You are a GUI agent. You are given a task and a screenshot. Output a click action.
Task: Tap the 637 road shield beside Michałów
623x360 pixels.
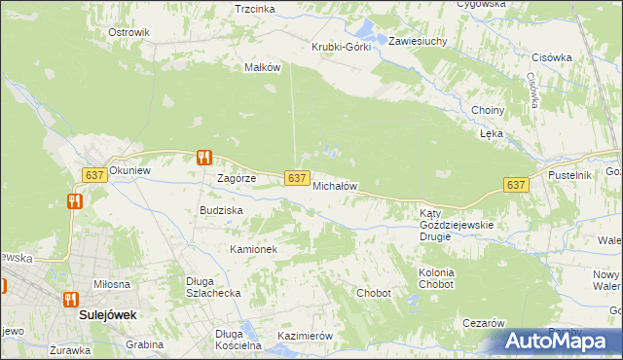click(298, 177)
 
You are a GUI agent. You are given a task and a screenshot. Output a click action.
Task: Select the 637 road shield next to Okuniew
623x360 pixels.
click(93, 174)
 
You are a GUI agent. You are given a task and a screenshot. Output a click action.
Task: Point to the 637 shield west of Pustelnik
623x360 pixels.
click(516, 185)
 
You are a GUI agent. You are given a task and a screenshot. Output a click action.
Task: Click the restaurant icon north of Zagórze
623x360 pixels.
click(203, 157)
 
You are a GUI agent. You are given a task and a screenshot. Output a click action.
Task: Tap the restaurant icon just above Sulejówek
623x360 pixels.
click(70, 299)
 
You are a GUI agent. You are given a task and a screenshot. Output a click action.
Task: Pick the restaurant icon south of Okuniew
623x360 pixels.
click(75, 201)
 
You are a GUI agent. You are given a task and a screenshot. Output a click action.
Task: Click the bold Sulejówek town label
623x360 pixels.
click(107, 316)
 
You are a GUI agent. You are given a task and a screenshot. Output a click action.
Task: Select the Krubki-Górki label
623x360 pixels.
click(342, 48)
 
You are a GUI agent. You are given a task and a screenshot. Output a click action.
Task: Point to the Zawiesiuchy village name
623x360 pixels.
click(418, 42)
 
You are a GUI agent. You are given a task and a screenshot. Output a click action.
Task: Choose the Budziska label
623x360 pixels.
click(221, 210)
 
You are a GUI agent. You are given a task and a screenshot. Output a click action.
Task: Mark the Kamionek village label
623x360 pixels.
click(254, 249)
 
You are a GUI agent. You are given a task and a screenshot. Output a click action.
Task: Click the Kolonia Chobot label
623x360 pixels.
click(436, 278)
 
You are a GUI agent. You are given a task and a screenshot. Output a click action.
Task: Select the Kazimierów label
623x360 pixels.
click(306, 336)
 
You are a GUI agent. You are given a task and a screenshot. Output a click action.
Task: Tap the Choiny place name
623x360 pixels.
click(488, 110)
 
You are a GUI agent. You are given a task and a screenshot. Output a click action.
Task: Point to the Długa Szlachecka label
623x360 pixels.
click(213, 288)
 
